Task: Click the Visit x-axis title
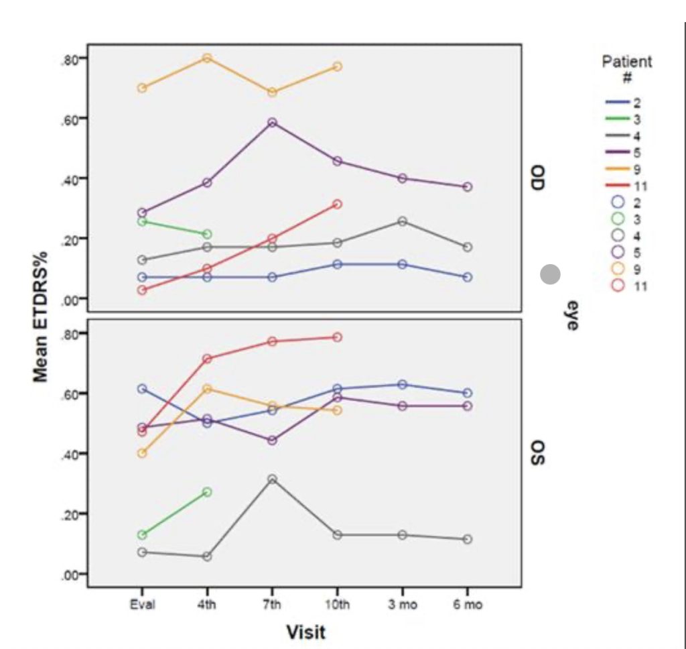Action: coord(305,632)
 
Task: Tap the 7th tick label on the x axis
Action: coord(272,605)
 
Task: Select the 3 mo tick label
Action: coord(403,605)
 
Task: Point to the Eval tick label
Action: coord(142,605)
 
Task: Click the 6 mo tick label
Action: coord(468,605)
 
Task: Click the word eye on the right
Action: coord(571,315)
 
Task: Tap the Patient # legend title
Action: coord(626,69)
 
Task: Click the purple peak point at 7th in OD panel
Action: coord(272,123)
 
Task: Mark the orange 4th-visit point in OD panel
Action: coord(207,58)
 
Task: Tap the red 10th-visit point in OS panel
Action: coord(337,337)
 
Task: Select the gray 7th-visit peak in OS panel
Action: coord(272,479)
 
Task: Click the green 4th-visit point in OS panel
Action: coord(207,491)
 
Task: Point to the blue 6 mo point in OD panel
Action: coord(468,277)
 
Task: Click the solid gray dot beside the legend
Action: coord(550,274)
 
